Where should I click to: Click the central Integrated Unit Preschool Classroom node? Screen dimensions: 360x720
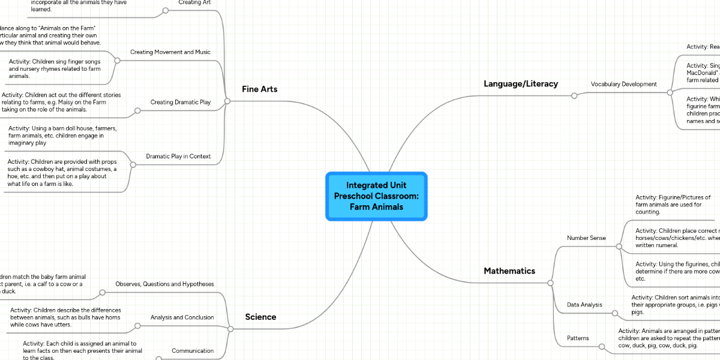(x=376, y=196)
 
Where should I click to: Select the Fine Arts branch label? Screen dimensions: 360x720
(x=259, y=89)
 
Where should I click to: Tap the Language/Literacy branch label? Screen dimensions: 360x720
(x=521, y=84)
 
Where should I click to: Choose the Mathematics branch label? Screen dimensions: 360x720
(x=509, y=271)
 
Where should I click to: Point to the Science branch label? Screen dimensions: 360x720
(x=260, y=317)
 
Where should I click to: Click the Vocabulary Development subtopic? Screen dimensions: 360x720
(x=623, y=85)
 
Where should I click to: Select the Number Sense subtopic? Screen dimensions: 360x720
(x=586, y=238)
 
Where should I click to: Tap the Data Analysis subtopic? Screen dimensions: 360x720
(x=584, y=305)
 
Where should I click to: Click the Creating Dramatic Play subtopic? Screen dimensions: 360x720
(x=180, y=103)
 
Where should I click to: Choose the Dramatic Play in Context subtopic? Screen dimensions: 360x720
(x=178, y=157)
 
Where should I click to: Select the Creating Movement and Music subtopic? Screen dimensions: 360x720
(x=170, y=52)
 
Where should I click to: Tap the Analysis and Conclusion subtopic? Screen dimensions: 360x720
(x=182, y=317)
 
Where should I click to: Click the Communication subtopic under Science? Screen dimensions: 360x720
(x=193, y=351)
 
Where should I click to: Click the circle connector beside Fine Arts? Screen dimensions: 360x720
(x=227, y=101)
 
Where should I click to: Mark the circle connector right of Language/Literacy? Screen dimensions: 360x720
(x=574, y=95)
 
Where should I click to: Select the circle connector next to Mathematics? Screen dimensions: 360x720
(x=550, y=283)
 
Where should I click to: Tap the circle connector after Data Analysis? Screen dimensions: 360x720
(x=614, y=313)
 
